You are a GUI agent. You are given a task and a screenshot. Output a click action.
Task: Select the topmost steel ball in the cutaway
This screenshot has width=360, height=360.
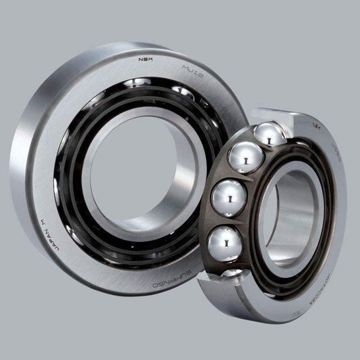(x=268, y=134)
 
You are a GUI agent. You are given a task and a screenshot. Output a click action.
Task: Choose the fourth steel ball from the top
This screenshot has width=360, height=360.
(x=225, y=242)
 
